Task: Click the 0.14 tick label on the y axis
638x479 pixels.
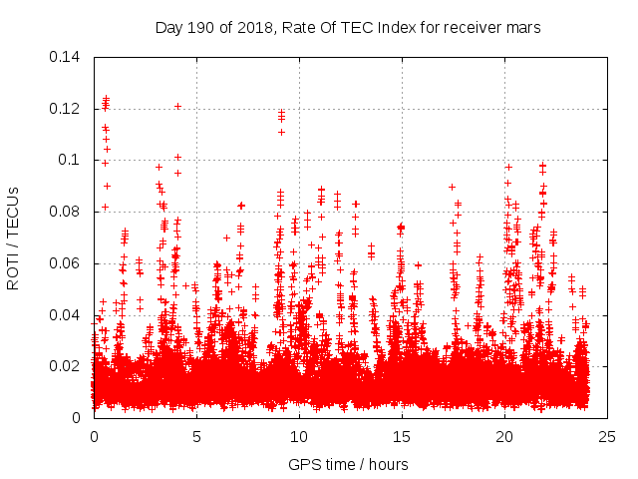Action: (66, 56)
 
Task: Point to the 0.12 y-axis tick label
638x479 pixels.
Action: (66, 108)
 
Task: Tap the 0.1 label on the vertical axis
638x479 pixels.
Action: (72, 160)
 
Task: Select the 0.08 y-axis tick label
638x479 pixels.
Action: (66, 212)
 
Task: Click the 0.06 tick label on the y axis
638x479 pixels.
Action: (66, 263)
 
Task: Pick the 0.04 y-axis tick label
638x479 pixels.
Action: (66, 315)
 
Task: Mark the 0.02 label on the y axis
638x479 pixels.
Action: (66, 366)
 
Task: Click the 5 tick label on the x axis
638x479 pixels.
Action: (196, 436)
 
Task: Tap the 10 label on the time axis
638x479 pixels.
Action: (299, 436)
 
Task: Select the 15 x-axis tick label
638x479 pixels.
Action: (402, 436)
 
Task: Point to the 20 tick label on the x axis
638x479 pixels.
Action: (504, 436)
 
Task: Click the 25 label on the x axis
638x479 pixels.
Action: (607, 436)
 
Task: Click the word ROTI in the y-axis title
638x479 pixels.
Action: (14, 271)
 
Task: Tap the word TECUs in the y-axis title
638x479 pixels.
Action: (14, 213)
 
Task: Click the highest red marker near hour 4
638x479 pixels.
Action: (177, 106)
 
